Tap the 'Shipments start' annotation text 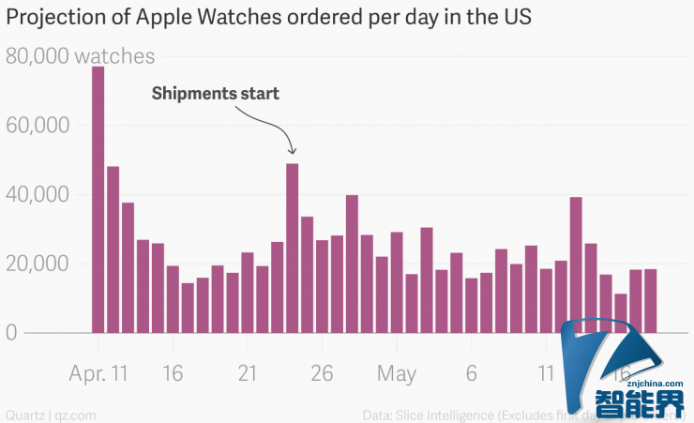[x=215, y=94]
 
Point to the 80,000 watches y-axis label [x=81, y=56]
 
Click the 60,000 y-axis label [x=37, y=126]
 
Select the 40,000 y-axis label [x=37, y=195]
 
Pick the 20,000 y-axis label [x=37, y=264]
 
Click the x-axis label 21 [x=247, y=373]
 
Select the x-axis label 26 [x=322, y=373]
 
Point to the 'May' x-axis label [x=397, y=373]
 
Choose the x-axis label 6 [x=472, y=373]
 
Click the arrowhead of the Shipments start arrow [x=292, y=151]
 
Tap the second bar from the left [x=113, y=249]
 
